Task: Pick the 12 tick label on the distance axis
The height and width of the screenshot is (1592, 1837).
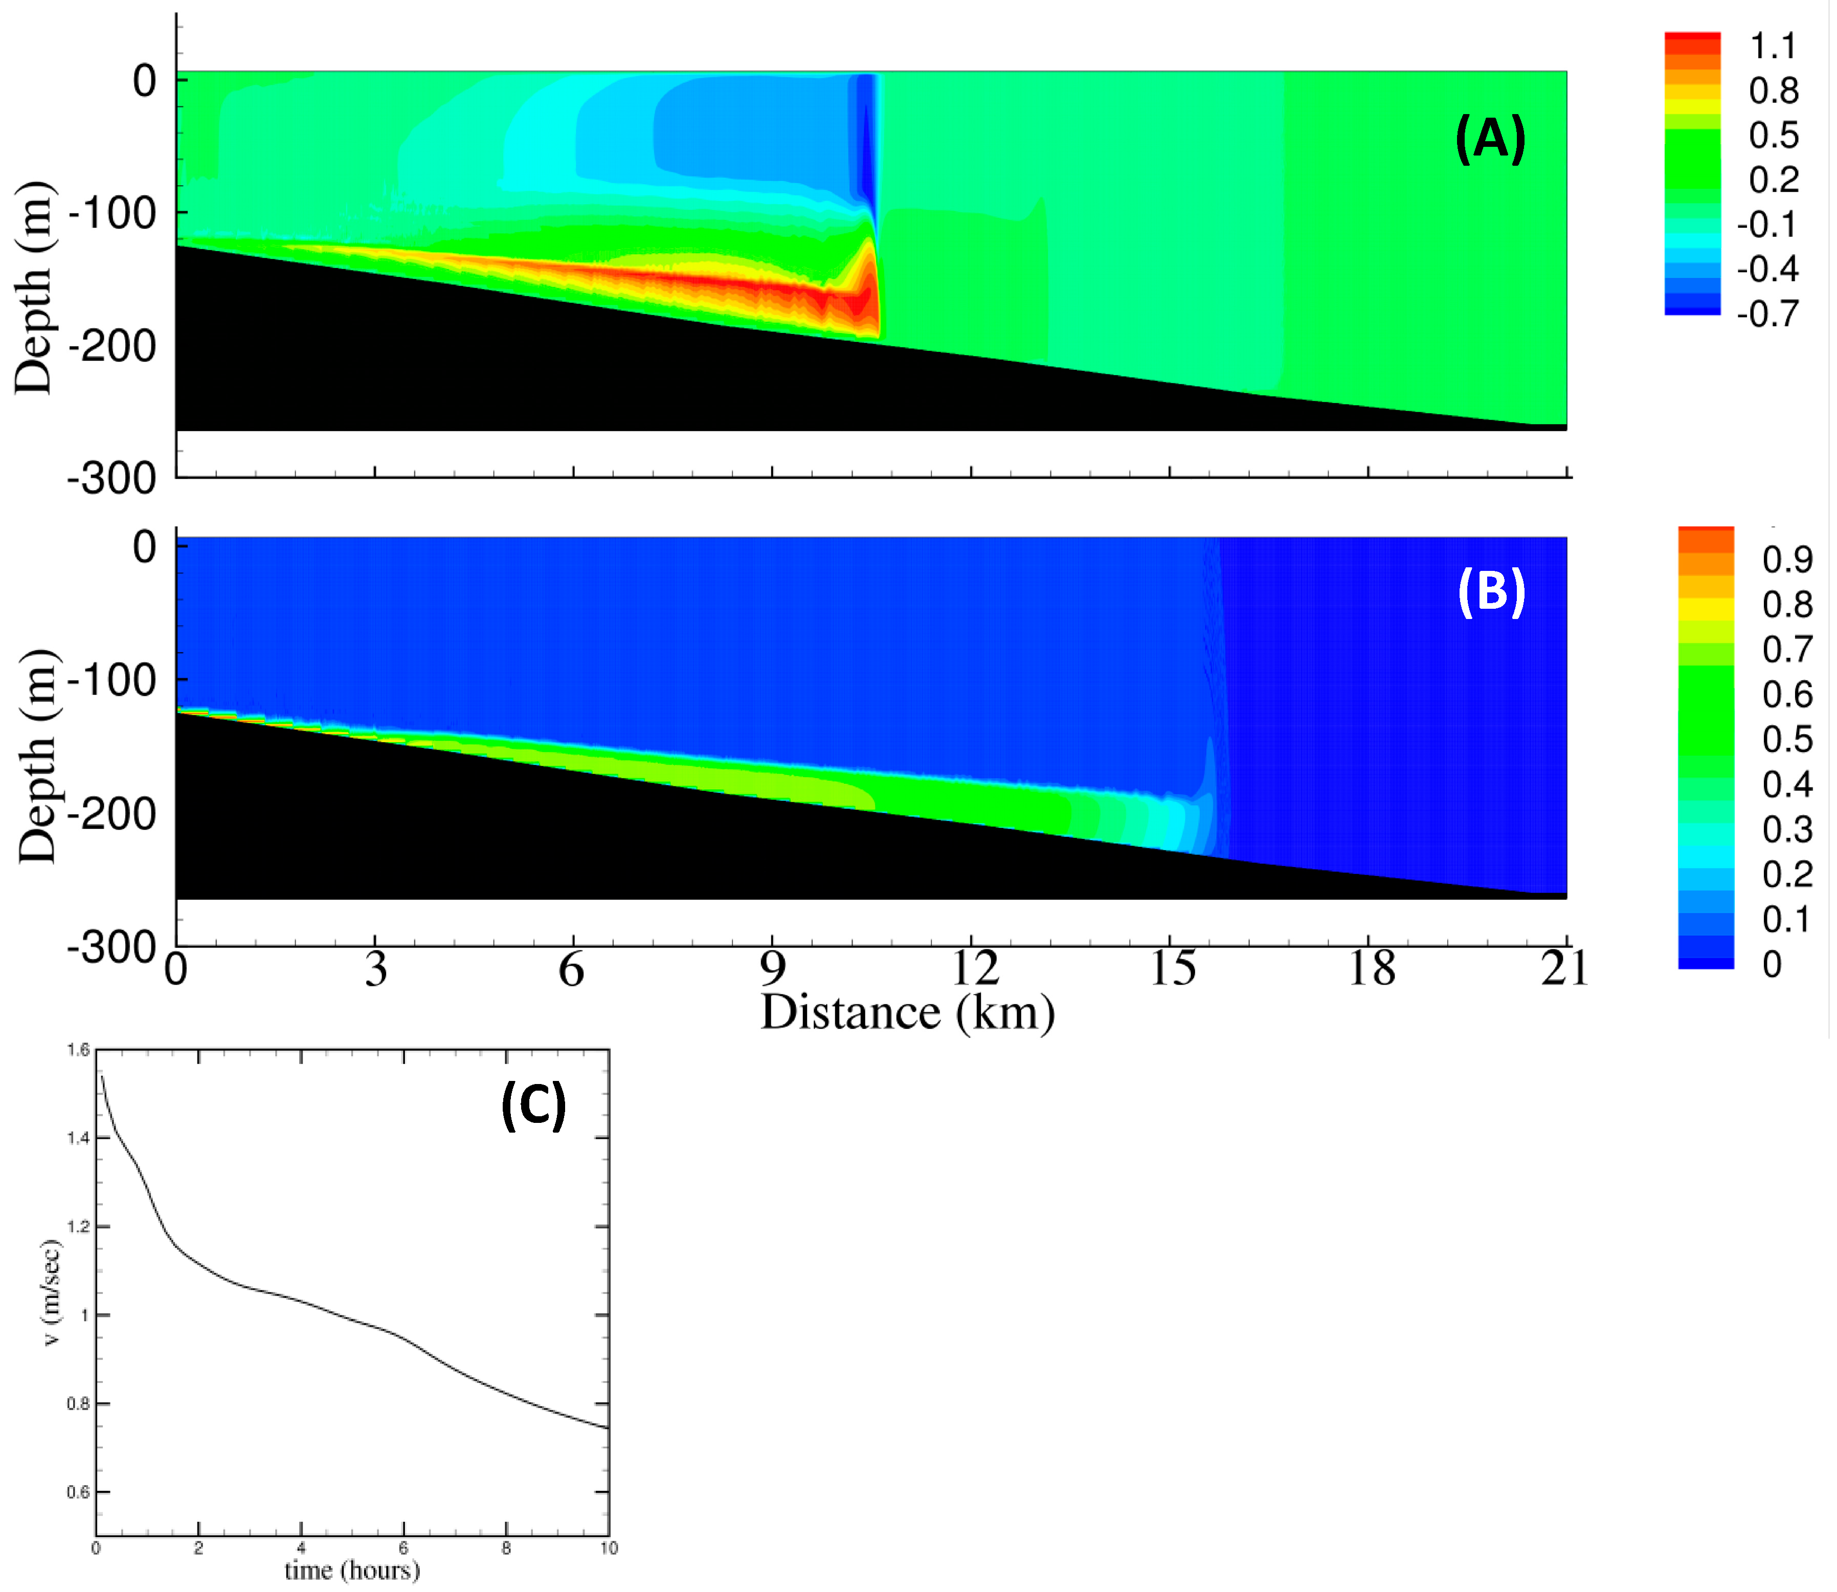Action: point(974,968)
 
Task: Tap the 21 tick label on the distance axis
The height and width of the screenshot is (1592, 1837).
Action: point(1564,968)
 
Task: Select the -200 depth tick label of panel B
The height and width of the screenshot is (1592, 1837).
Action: point(113,814)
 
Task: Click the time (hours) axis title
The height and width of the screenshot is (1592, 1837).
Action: point(352,1570)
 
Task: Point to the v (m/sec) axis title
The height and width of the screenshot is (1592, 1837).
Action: point(52,1293)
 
